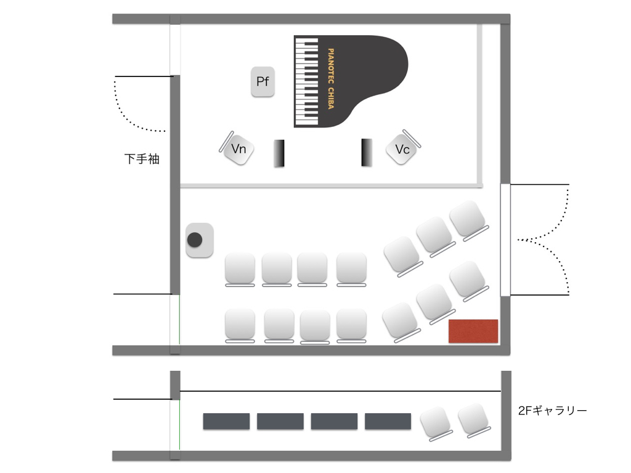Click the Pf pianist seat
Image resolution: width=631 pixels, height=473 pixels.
pos(263,82)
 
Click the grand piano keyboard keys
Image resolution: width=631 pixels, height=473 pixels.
pos(307,82)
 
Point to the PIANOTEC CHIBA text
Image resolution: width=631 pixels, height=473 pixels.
pos(331,79)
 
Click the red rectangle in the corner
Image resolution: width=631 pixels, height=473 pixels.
pos(473,331)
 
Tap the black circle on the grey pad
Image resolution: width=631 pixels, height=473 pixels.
pos(195,240)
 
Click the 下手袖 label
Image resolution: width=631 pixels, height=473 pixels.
pos(142,159)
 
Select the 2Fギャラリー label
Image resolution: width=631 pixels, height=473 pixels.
pos(552,411)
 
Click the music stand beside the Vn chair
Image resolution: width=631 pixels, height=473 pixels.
pos(279,153)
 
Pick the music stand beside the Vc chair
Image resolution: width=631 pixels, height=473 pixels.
pos(367,153)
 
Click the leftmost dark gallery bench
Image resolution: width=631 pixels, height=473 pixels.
pos(226,421)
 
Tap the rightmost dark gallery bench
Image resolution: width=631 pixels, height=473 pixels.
pos(388,421)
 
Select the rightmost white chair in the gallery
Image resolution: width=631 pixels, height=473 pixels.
pos(474,420)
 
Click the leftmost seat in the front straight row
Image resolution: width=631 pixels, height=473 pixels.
pos(240,270)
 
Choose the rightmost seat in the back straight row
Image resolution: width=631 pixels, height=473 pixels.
pos(351,326)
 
